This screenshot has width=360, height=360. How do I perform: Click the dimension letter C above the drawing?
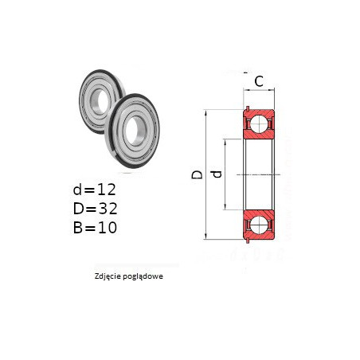pyautogui.click(x=259, y=81)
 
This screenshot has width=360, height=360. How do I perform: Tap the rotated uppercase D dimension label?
pyautogui.click(x=197, y=174)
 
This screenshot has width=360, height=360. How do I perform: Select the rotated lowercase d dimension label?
pyautogui.click(x=217, y=174)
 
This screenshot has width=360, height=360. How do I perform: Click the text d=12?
pyautogui.click(x=95, y=190)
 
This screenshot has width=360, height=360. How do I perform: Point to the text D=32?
pyautogui.click(x=95, y=209)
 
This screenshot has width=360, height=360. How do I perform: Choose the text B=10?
pyautogui.click(x=95, y=228)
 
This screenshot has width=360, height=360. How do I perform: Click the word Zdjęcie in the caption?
pyautogui.click(x=106, y=276)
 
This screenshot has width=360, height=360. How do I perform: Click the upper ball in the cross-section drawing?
pyautogui.click(x=259, y=124)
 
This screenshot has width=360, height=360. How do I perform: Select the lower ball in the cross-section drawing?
pyautogui.click(x=259, y=225)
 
